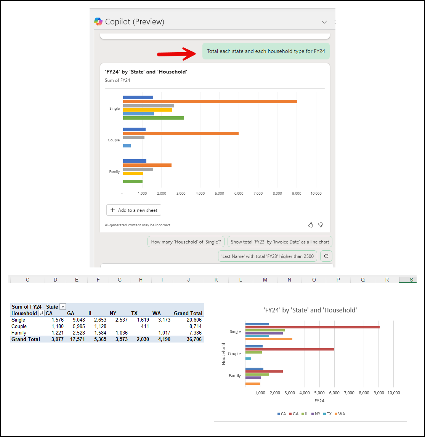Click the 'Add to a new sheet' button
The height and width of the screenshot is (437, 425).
tap(134, 210)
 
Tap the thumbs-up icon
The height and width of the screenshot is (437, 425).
tap(311, 225)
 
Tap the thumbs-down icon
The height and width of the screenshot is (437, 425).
tap(321, 225)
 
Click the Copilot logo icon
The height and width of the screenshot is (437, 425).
tap(98, 22)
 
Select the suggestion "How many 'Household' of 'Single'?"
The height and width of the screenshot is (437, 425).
tap(186, 242)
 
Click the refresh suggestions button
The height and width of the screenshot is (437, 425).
tap(326, 256)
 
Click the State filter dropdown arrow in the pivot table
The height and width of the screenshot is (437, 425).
tap(63, 307)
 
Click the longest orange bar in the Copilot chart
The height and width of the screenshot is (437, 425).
tap(210, 101)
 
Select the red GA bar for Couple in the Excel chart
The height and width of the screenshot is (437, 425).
tap(290, 349)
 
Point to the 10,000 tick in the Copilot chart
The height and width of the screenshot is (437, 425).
tap(316, 194)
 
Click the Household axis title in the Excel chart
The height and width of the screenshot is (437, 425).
tap(224, 354)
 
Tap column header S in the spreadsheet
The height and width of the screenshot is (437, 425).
tap(411, 280)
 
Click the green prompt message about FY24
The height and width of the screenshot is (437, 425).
tap(266, 51)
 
